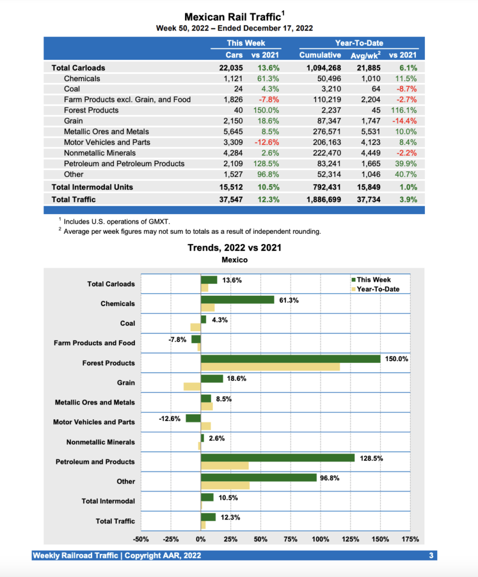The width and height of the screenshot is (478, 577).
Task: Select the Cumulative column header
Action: point(320,55)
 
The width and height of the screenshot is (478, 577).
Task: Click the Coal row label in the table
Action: point(72,89)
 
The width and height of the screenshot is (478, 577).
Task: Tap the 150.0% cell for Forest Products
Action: point(267,110)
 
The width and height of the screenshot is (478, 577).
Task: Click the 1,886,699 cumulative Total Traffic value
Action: point(319,199)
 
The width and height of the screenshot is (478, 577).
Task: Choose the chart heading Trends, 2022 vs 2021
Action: point(234,247)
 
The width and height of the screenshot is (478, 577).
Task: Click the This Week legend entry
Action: point(373,279)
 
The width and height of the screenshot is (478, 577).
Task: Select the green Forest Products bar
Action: point(290,359)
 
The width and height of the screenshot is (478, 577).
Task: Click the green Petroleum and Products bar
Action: point(277,458)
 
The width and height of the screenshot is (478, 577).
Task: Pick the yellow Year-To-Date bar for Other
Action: point(225,485)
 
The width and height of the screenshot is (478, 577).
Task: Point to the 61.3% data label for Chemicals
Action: point(289,300)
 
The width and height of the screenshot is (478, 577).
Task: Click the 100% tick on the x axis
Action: point(320,539)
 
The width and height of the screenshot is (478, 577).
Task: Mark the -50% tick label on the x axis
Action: point(141,539)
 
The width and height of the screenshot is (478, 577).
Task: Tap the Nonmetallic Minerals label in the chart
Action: point(100,442)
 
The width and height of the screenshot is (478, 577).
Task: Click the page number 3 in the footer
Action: point(431,556)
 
